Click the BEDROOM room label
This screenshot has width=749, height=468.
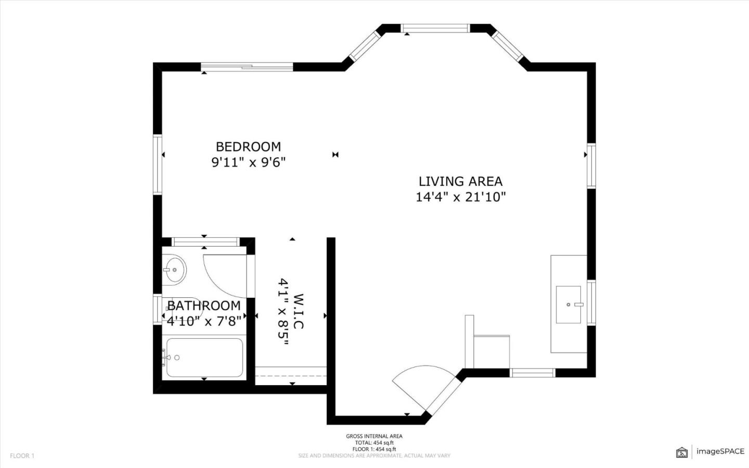point(248,147)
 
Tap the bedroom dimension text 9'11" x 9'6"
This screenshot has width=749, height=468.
point(248,162)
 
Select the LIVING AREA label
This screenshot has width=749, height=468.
point(460,182)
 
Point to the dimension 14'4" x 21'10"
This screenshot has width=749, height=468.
point(460,197)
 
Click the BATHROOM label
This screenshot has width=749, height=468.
point(204,306)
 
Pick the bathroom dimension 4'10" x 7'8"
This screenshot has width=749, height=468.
point(204,321)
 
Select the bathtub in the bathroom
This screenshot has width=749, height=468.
point(204,358)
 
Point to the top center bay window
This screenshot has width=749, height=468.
point(435,28)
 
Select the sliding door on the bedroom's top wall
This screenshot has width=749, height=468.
point(247,66)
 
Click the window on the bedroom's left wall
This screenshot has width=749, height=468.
point(157,165)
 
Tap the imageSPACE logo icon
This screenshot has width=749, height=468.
point(681,452)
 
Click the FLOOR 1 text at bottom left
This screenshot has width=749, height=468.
point(22,456)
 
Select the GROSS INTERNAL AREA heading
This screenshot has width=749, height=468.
point(374,436)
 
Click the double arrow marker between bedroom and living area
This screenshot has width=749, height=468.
point(335,155)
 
